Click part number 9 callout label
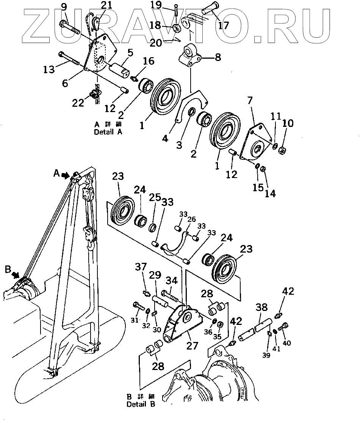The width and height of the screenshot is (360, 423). click(64, 6)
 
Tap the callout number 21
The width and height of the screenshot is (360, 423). click(96, 5)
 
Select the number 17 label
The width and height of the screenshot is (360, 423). click(224, 26)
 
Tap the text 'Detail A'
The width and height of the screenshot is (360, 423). click(108, 132)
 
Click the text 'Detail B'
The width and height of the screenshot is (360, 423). click(141, 404)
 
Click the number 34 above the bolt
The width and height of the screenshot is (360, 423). click(172, 281)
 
